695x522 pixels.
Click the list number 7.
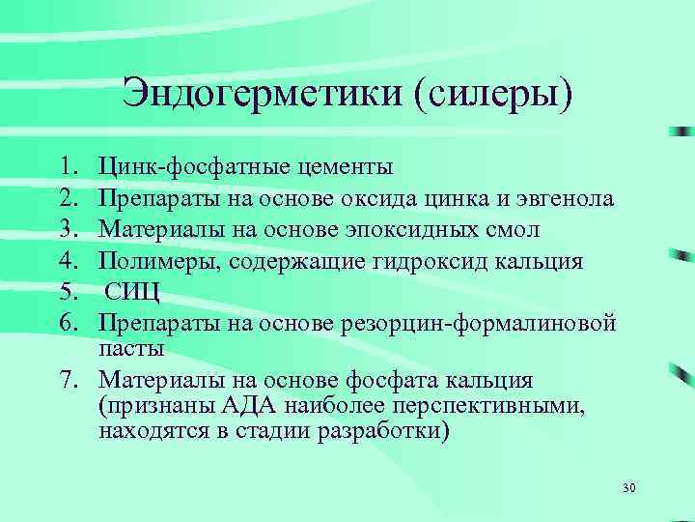(x=80, y=379)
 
